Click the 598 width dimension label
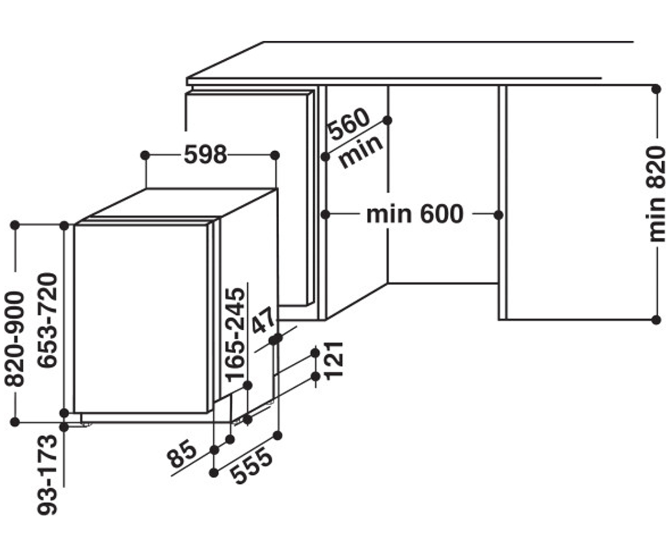click(205, 155)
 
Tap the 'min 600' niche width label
click(415, 214)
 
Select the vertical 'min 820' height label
click(655, 195)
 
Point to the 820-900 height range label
click(15, 339)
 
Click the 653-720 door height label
click(47, 320)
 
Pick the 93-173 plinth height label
click(47, 475)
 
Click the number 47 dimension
click(263, 320)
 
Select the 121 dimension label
click(334, 361)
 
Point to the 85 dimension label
click(181, 454)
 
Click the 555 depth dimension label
click(251, 466)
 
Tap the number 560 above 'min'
click(350, 124)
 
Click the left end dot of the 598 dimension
click(145, 156)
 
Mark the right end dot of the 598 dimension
click(275, 156)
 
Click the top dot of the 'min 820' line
click(656, 89)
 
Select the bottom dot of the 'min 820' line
click(656, 320)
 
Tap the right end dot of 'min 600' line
click(499, 215)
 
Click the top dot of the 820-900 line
click(15, 225)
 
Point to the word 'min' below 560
click(361, 152)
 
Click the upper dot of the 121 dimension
click(315, 353)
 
